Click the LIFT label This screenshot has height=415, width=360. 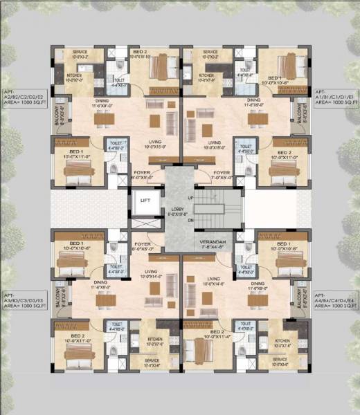tap(145, 200)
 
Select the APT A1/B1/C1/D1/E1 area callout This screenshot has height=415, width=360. tap(336, 96)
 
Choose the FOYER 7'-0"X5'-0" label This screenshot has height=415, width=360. tap(222, 174)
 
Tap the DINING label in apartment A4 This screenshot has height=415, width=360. tap(258, 284)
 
